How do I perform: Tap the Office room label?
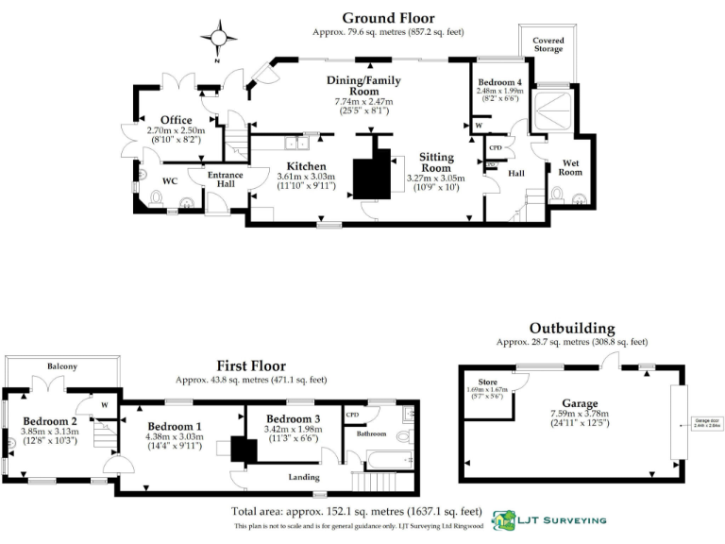click(x=176, y=120)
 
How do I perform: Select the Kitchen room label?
click(x=307, y=165)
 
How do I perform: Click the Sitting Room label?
click(x=437, y=163)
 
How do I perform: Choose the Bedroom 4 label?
click(x=498, y=81)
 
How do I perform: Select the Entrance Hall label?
click(x=226, y=179)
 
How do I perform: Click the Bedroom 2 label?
click(x=51, y=420)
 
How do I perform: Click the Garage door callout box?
click(x=705, y=423)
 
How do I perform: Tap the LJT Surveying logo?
click(x=551, y=520)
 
